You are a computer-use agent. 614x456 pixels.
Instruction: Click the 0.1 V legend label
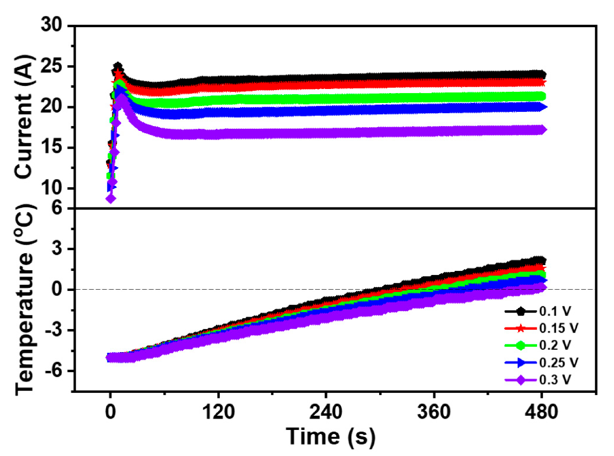click(x=555, y=311)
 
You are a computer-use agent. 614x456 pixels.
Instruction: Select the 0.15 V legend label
click(x=559, y=328)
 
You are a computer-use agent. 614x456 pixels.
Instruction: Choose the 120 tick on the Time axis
click(x=218, y=412)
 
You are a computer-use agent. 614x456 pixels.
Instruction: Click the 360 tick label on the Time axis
click(x=434, y=412)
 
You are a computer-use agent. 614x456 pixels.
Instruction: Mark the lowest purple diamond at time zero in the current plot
click(x=111, y=198)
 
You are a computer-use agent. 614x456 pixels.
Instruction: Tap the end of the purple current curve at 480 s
click(x=542, y=130)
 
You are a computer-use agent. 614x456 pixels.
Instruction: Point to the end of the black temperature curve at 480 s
click(x=542, y=260)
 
